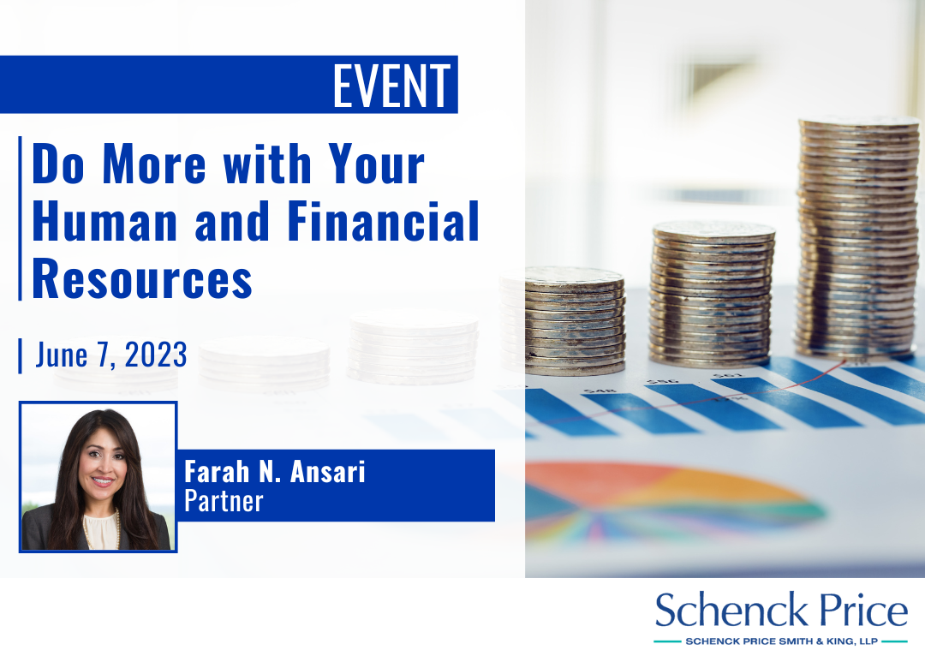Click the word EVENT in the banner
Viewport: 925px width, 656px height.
391,86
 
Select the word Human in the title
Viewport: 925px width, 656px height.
104,221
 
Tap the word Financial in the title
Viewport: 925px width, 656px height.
384,221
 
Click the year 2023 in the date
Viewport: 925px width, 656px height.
156,355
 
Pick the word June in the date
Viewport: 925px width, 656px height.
62,355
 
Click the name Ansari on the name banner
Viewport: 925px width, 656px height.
327,471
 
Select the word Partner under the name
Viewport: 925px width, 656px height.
224,502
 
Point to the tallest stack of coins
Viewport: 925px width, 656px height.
857,238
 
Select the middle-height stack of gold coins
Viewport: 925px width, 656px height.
712,294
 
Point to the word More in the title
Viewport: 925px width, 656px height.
154,164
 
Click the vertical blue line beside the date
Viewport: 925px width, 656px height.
20,355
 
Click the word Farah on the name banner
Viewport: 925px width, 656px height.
217,471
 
